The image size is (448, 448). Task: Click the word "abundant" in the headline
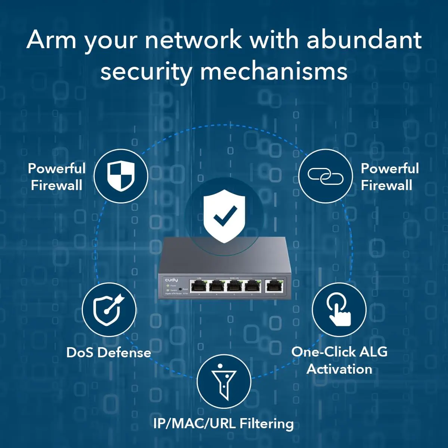pos(364,40)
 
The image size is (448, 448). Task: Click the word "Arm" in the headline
pos(51,40)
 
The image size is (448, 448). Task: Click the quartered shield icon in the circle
pos(121,176)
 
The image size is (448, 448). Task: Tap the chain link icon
pos(325,176)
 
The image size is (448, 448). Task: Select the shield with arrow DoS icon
pos(109,310)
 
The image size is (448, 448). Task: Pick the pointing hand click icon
pos(339,309)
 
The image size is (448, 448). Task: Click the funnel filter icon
pos(224,381)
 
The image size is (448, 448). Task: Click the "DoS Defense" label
pos(109,352)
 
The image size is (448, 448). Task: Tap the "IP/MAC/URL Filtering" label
pos(223,423)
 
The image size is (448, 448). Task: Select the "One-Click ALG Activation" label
pos(339,360)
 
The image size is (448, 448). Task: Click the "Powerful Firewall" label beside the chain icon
pos(389,177)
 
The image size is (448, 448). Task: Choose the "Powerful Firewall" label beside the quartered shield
pos(57,177)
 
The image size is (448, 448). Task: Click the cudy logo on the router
pos(171,280)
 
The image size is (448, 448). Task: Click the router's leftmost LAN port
pos(198,286)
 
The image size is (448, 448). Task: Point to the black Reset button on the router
pos(180,289)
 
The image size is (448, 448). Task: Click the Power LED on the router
pos(168,286)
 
